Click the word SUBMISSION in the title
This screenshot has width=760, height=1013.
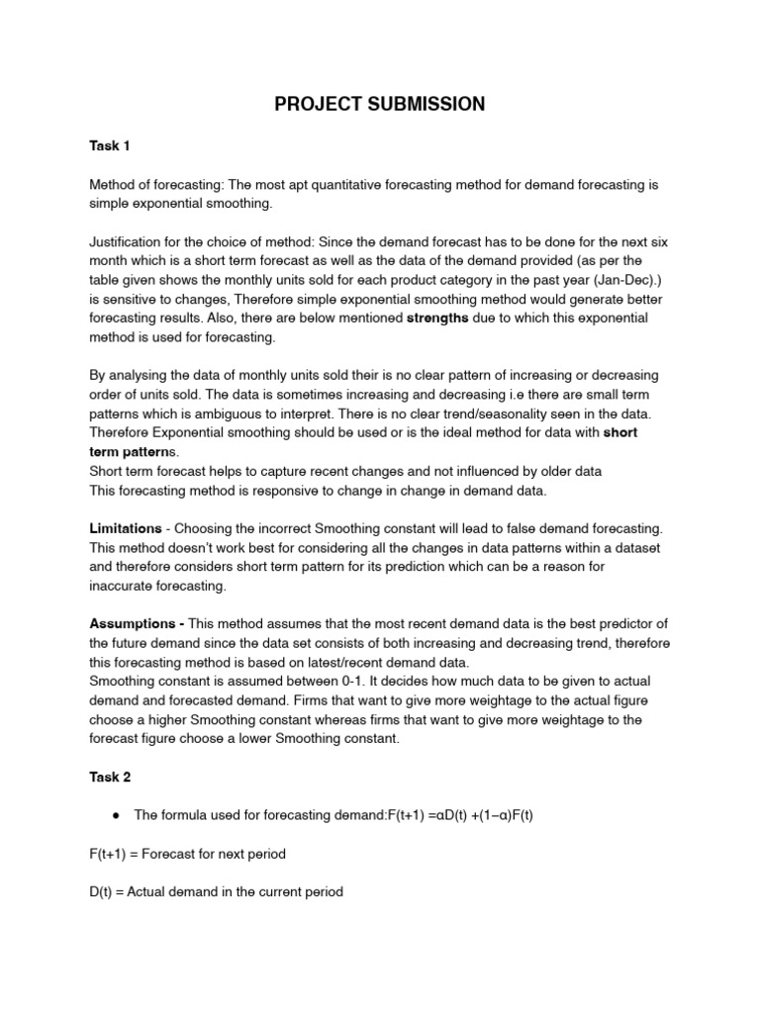click(424, 104)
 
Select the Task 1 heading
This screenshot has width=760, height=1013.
click(110, 145)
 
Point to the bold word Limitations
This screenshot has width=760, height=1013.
click(127, 529)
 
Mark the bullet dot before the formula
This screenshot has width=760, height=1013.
click(116, 815)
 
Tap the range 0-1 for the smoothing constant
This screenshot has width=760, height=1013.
click(326, 681)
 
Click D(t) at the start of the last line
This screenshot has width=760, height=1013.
click(102, 891)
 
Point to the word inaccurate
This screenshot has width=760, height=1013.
click(124, 586)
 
